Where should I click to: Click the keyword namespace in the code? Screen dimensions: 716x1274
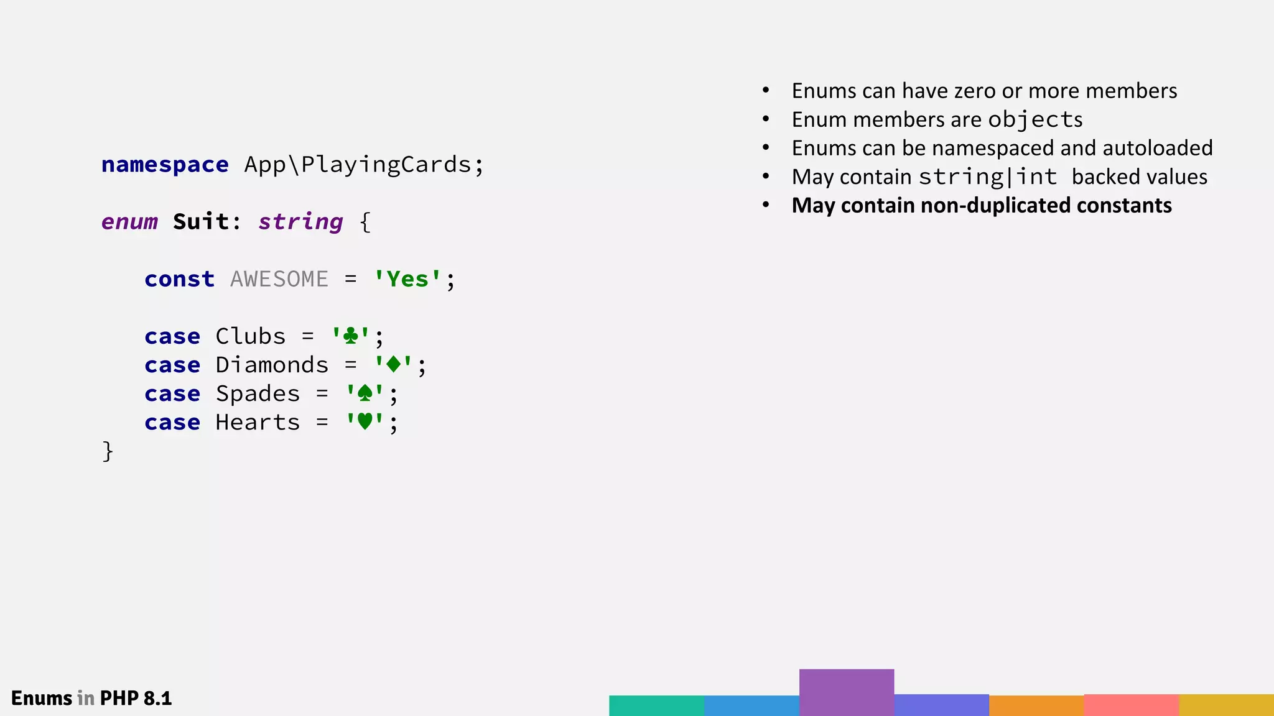(165, 165)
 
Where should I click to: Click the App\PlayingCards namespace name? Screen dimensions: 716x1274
(358, 165)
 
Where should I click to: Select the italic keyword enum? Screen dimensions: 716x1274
(129, 222)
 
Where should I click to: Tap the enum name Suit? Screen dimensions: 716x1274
(201, 222)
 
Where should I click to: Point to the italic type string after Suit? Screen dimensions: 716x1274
(300, 222)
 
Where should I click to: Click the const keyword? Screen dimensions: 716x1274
(179, 279)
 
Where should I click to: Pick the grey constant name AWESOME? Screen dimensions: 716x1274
(279, 279)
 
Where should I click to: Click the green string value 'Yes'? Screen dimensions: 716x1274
(407, 279)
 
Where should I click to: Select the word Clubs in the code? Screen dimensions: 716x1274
(250, 336)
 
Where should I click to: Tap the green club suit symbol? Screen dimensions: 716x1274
(351, 336)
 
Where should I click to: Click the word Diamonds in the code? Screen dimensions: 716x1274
(272, 365)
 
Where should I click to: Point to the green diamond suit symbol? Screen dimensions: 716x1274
(393, 364)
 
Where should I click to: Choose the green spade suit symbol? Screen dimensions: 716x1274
(365, 393)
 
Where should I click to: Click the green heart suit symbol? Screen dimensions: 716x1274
(365, 421)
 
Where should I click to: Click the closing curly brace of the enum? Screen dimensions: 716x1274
(108, 451)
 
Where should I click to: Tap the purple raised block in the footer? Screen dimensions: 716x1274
(846, 692)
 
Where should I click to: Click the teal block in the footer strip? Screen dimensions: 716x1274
(656, 705)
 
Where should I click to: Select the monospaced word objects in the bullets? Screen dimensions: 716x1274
(1035, 119)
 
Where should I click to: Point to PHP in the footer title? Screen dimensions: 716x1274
(119, 698)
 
